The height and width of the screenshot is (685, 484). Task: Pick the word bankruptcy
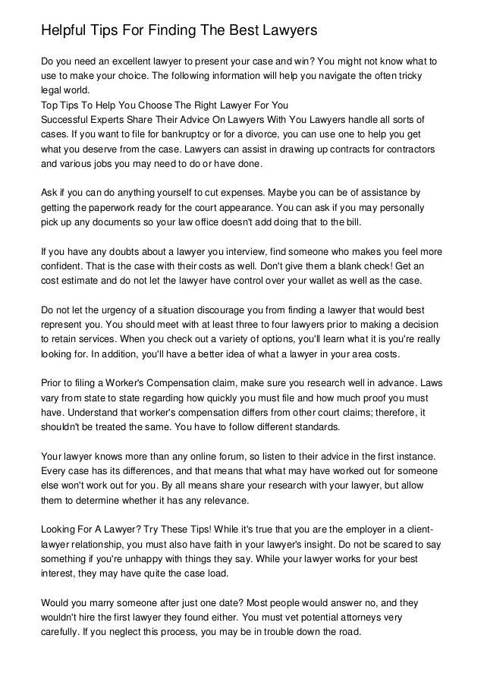(196, 134)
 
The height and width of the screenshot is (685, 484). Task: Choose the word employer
(354, 531)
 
